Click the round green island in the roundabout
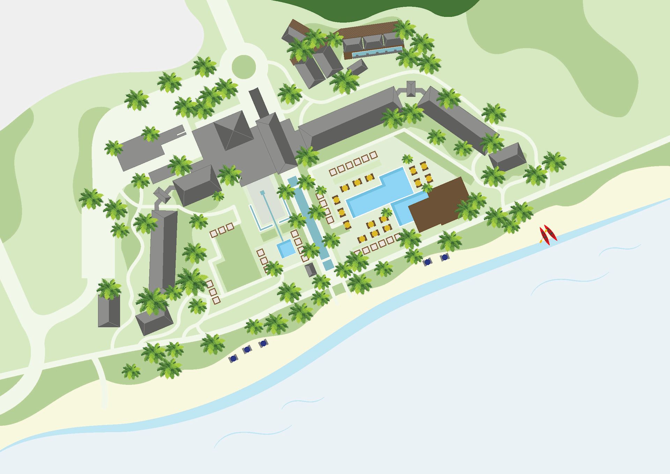pyautogui.click(x=243, y=66)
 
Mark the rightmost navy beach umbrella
pyautogui.click(x=444, y=258)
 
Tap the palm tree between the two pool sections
pyautogui.click(x=386, y=213)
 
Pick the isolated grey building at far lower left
pyautogui.click(x=109, y=311)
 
